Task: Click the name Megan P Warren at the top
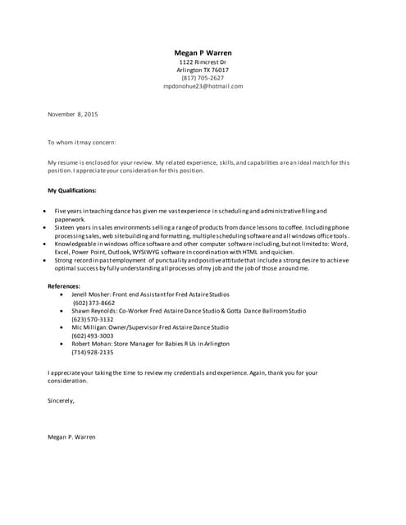click(x=203, y=52)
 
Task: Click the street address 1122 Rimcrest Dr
click(x=203, y=62)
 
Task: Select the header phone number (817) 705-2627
click(x=203, y=78)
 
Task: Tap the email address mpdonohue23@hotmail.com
click(x=203, y=86)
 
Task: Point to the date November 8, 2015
click(x=72, y=114)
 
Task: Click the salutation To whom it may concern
click(x=82, y=142)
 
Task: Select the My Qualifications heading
click(x=72, y=190)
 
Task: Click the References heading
click(x=64, y=285)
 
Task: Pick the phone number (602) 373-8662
click(x=94, y=303)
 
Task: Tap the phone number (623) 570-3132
click(x=93, y=319)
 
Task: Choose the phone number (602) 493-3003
click(x=93, y=336)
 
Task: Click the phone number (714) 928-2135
click(x=93, y=352)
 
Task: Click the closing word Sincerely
click(x=62, y=400)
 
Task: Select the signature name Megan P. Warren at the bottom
click(x=71, y=436)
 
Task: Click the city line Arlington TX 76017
click(x=203, y=71)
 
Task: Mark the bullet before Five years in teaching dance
click(x=44, y=211)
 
